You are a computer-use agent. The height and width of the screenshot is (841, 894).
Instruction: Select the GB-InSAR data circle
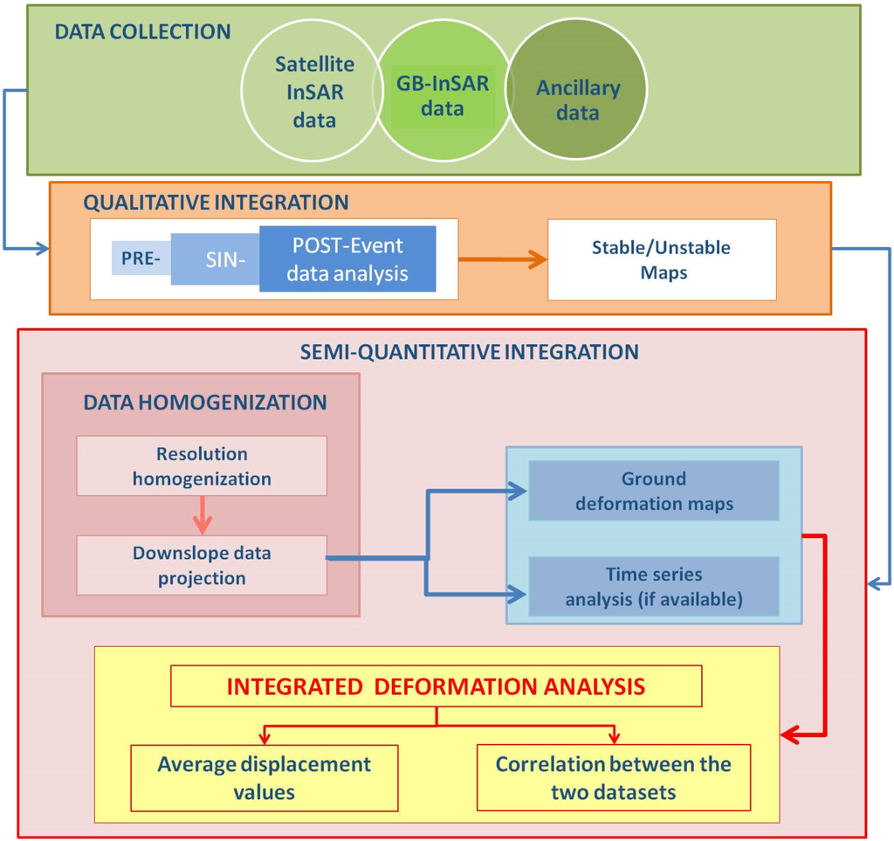pyautogui.click(x=443, y=96)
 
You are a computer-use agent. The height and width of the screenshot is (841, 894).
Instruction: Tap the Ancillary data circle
pyautogui.click(x=578, y=100)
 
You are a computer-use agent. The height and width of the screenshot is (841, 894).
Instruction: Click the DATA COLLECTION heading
pyautogui.click(x=143, y=32)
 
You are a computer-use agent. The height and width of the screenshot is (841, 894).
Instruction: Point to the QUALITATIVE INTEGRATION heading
pyautogui.click(x=216, y=203)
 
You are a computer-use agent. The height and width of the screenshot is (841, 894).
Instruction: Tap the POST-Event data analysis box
pyautogui.click(x=347, y=259)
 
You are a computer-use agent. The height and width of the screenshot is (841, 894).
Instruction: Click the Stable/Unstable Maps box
pyautogui.click(x=661, y=259)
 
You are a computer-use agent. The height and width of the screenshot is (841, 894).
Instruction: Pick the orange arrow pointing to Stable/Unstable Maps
pyautogui.click(x=503, y=259)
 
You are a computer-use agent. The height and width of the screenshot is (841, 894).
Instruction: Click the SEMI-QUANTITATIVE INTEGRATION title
pyautogui.click(x=469, y=352)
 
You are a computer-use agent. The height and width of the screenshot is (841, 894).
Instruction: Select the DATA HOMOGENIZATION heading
pyautogui.click(x=205, y=403)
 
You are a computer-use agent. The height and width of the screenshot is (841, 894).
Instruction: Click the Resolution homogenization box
pyautogui.click(x=202, y=466)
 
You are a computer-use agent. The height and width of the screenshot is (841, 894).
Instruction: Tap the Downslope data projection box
pyautogui.click(x=202, y=565)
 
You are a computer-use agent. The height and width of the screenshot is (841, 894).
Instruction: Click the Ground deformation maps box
pyautogui.click(x=653, y=491)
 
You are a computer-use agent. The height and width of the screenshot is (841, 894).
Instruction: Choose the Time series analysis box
pyautogui.click(x=653, y=586)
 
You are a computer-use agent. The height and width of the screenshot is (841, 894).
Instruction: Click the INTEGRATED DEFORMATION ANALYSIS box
pyautogui.click(x=436, y=686)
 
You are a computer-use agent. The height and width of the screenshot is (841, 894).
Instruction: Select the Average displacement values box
pyautogui.click(x=264, y=777)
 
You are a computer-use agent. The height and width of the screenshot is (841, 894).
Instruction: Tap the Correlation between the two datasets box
pyautogui.click(x=613, y=777)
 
